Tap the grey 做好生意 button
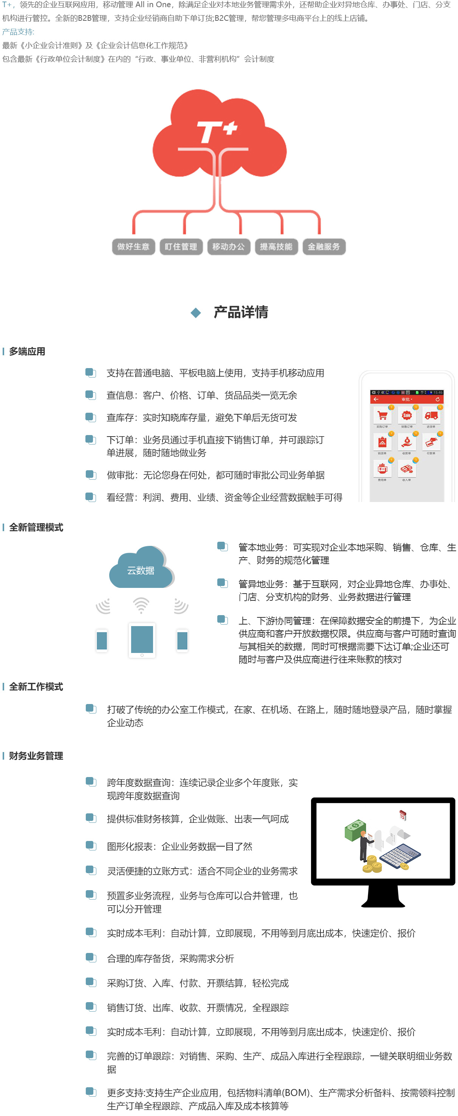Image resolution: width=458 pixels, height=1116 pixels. [x=133, y=247]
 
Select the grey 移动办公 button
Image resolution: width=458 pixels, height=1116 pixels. [x=229, y=247]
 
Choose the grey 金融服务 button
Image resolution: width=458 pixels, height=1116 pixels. [x=324, y=247]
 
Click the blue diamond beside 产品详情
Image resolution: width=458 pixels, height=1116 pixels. [x=196, y=313]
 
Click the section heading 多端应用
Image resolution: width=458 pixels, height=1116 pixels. [x=27, y=351]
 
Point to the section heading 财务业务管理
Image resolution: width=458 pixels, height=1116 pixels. [x=36, y=755]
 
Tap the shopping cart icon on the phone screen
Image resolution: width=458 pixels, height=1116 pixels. [x=382, y=416]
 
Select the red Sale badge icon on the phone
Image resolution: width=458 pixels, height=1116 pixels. [x=407, y=415]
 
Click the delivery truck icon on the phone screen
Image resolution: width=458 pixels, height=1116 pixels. [x=431, y=415]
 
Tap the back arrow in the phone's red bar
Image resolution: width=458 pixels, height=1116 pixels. [x=376, y=399]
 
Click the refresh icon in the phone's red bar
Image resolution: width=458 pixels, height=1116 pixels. [x=438, y=399]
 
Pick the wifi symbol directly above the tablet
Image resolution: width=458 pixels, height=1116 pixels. [x=141, y=605]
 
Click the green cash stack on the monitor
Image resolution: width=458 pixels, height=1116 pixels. [x=356, y=830]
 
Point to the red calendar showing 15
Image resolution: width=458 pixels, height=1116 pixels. [x=402, y=815]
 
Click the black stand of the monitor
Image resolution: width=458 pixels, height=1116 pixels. [x=383, y=896]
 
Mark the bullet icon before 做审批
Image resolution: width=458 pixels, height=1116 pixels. [x=90, y=474]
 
